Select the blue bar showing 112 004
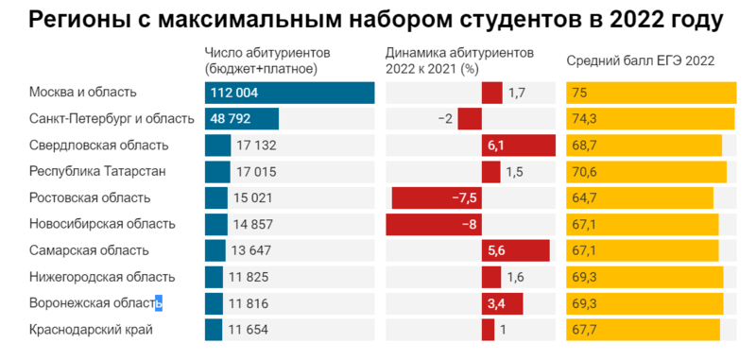point(289,93)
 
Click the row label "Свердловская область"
point(98,146)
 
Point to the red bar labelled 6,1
point(517,146)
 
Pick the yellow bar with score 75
point(651,93)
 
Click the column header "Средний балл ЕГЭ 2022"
point(640,60)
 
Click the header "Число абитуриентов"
point(261,52)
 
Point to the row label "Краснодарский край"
point(91,330)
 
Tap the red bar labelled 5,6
point(515,251)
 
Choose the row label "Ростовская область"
point(90,198)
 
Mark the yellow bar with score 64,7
point(640,198)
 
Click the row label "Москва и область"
point(83,93)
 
